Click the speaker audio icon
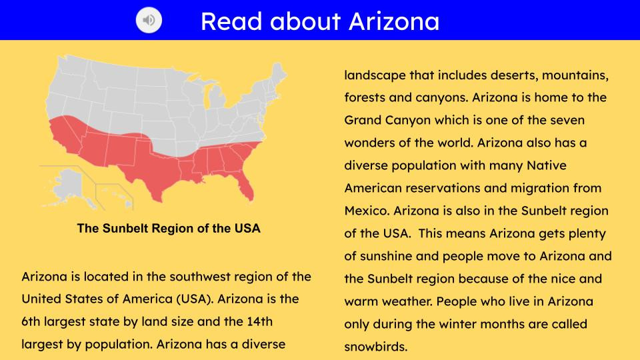[149, 20]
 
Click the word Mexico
[367, 211]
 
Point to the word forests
[365, 97]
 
